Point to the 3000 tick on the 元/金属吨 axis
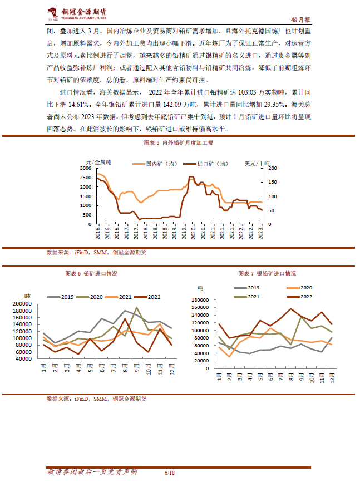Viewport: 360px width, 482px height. [86, 168]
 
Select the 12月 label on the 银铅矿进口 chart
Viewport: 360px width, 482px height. [332, 376]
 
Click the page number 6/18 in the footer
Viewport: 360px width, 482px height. [170, 473]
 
